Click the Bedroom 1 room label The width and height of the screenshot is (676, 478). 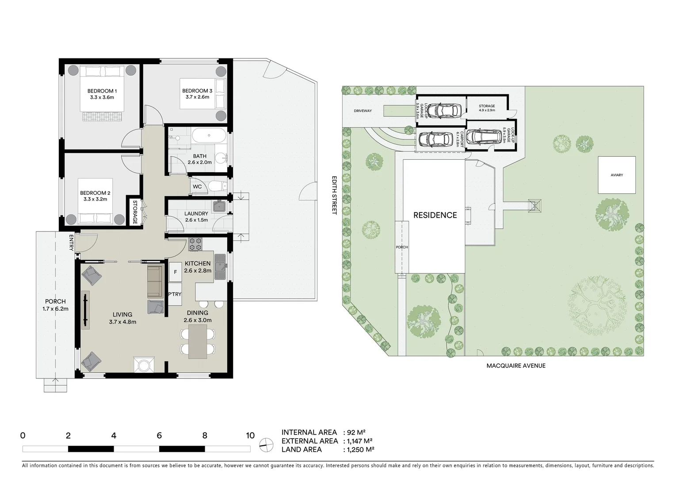101,94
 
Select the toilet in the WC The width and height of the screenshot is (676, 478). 217,186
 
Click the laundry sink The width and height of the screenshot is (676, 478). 219,207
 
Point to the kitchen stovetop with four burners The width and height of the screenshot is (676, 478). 195,244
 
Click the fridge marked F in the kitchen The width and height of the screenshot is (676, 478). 175,272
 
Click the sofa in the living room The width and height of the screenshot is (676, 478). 154,281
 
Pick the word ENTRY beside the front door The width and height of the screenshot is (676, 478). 71,243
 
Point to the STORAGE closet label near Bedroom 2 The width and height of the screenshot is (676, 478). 135,212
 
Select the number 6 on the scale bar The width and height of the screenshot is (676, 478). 159,435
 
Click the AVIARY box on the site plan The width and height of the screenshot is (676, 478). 616,175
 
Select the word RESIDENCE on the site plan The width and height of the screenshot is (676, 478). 435,215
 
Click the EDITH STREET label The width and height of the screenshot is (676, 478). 335,195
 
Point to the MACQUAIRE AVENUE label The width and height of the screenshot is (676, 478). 516,366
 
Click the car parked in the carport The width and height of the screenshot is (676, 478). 435,139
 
